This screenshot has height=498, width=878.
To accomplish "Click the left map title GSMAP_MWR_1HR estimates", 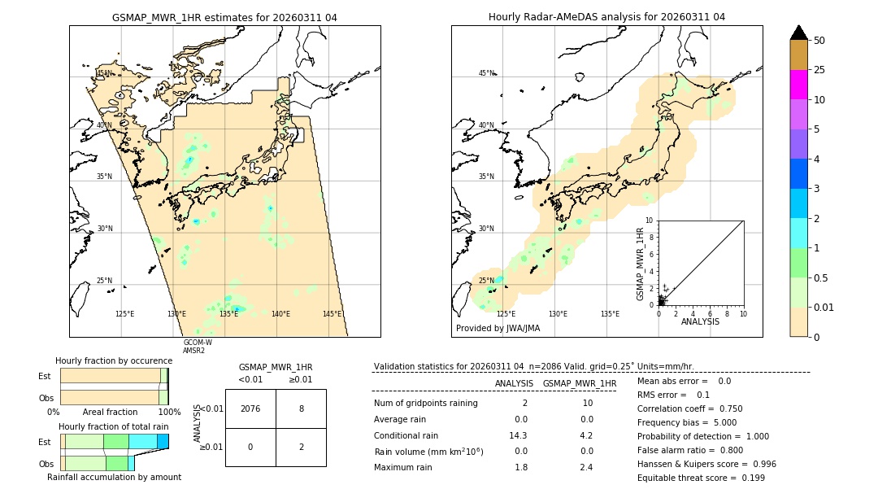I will (x=224, y=16).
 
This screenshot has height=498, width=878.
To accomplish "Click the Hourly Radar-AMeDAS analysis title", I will (x=606, y=16).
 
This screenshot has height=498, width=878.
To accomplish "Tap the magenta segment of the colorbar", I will (x=798, y=85).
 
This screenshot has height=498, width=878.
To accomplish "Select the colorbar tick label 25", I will (x=819, y=70).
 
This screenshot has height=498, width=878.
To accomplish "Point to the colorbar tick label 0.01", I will (x=824, y=307).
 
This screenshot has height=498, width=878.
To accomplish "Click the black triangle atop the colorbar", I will (x=798, y=33).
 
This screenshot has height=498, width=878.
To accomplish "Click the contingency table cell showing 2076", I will (x=250, y=408).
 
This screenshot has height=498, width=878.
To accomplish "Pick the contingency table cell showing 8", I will (x=301, y=408).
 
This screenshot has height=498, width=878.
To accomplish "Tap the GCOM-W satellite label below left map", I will (x=198, y=343).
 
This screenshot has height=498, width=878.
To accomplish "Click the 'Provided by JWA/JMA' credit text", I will (x=498, y=328).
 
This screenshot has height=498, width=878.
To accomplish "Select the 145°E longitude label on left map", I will (x=332, y=314).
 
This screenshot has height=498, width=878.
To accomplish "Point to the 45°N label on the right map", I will (x=486, y=73).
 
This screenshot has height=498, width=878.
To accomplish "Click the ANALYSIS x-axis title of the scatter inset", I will (x=700, y=322).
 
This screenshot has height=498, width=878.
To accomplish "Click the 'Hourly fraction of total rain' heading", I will (x=114, y=426).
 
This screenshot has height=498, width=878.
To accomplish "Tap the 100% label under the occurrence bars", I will (x=169, y=412).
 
